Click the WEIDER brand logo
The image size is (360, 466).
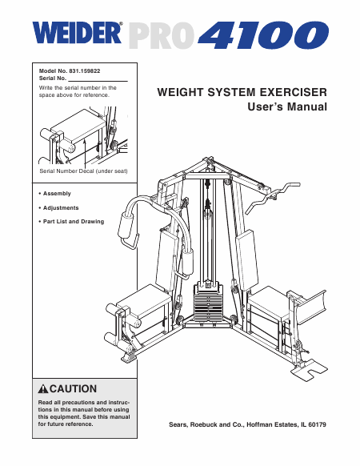(78, 34)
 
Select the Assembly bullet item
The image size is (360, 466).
(57, 195)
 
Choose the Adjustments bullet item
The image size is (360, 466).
(62, 207)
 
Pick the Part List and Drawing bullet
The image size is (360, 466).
(74, 221)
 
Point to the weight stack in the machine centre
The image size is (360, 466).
(213, 305)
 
